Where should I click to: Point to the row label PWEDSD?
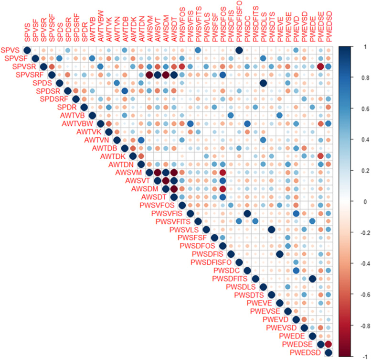coord(302,353)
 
